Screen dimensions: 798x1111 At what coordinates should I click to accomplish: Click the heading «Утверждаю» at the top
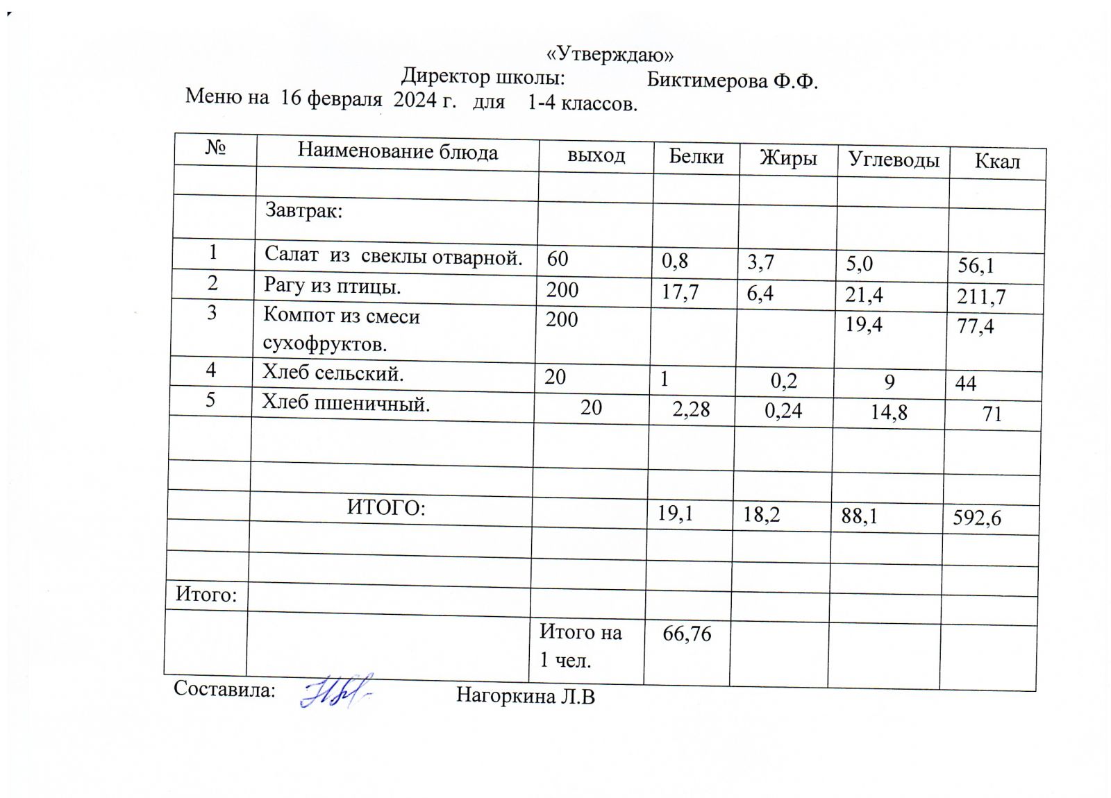(x=610, y=55)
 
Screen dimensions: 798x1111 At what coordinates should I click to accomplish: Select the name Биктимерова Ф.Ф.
(x=732, y=80)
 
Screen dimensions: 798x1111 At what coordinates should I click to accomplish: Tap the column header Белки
(x=696, y=157)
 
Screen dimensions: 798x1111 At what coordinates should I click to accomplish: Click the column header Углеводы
(x=893, y=160)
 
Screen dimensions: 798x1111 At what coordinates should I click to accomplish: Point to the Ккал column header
(x=997, y=162)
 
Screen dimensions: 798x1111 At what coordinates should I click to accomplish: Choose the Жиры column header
(x=788, y=158)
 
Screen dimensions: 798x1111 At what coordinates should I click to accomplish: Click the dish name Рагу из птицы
(x=332, y=285)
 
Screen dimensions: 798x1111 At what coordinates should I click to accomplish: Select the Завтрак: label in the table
(x=303, y=210)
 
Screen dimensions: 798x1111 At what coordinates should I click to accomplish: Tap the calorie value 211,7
(x=981, y=297)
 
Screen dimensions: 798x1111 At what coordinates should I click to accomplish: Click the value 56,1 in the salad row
(x=976, y=266)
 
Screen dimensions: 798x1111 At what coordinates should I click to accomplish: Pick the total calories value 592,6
(x=976, y=518)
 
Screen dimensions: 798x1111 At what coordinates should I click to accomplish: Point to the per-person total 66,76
(x=687, y=634)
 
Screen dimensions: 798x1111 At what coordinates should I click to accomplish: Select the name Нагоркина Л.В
(x=525, y=696)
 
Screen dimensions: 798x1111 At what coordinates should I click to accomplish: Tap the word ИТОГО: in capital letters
(x=386, y=509)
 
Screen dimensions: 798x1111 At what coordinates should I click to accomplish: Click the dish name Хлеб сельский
(x=333, y=373)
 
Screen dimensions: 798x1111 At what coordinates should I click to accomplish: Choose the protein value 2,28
(x=691, y=409)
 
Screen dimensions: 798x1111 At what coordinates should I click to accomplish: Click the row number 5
(x=210, y=400)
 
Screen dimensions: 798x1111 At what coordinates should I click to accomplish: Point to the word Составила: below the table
(x=224, y=689)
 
